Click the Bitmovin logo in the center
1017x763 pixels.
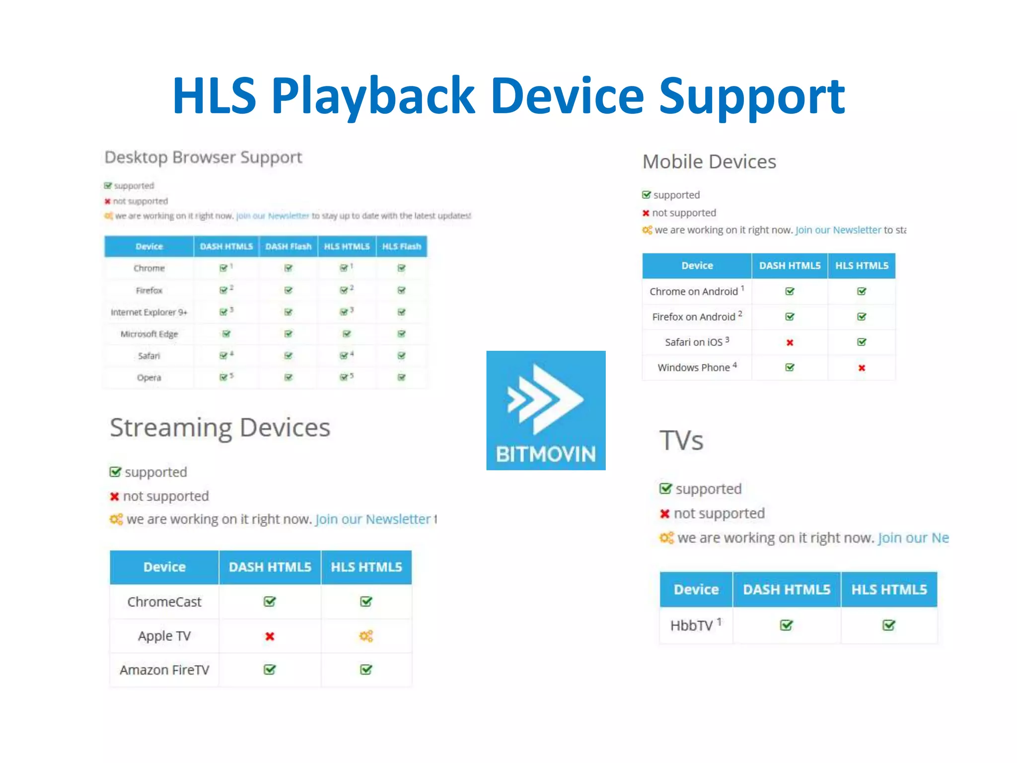[546, 410]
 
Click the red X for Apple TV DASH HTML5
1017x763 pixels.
[270, 636]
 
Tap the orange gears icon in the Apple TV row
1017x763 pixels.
[366, 636]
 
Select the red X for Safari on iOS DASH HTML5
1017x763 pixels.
[790, 342]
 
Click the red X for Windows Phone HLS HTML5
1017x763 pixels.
[862, 368]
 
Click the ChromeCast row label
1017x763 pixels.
[164, 602]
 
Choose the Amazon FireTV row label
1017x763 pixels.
[164, 670]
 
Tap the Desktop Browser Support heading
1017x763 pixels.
[203, 157]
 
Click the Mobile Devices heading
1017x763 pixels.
[709, 162]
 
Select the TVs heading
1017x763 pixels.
[681, 441]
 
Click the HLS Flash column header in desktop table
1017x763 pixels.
[401, 246]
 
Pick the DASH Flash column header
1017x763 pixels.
[288, 246]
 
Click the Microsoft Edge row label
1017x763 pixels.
[149, 334]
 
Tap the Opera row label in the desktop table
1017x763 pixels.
[149, 378]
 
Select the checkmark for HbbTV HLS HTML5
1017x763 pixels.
[888, 625]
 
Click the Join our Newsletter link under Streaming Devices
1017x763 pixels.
[373, 519]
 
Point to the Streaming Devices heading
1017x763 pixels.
[220, 428]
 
